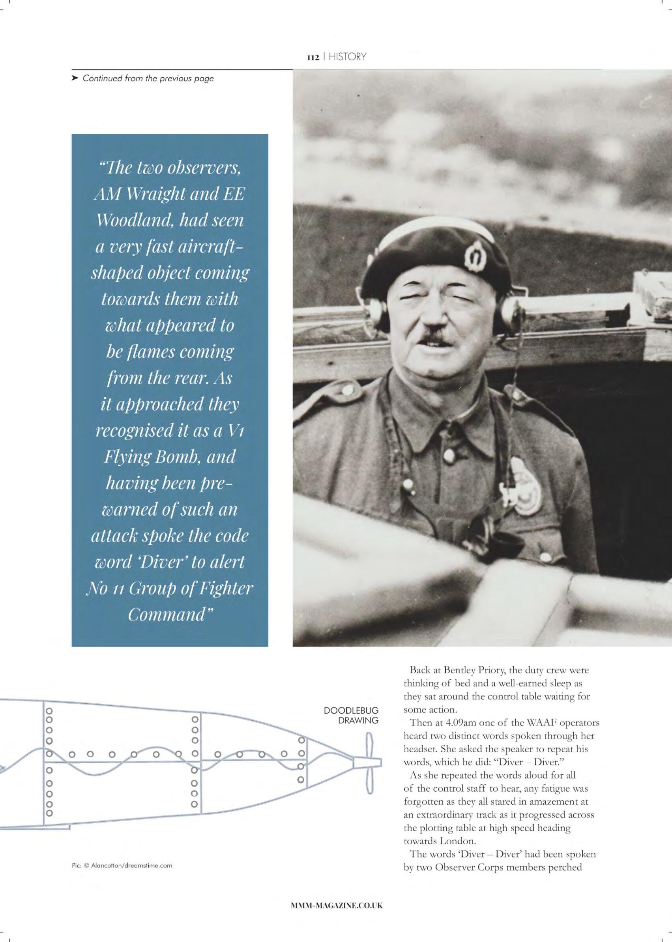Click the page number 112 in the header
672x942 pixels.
312,58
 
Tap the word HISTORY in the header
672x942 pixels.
347,57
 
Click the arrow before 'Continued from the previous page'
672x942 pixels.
75,78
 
